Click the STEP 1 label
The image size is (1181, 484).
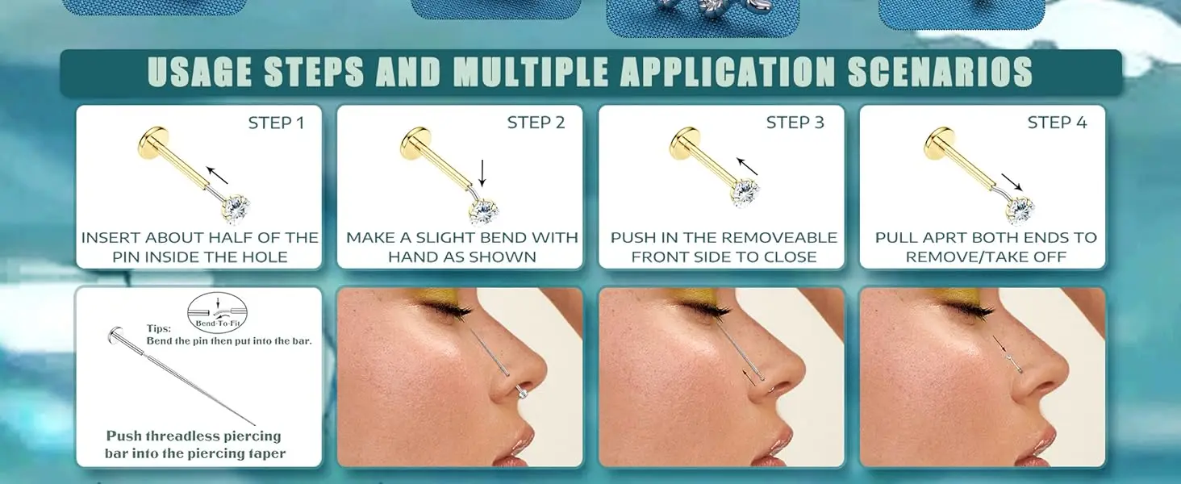pyautogui.click(x=276, y=123)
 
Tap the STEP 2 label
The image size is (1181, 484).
pyautogui.click(x=536, y=123)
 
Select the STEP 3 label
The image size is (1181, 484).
pyautogui.click(x=795, y=123)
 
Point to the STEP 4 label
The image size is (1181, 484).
pyautogui.click(x=1057, y=123)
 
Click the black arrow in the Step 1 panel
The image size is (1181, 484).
pyautogui.click(x=217, y=176)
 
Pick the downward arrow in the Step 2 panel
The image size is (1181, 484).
pyautogui.click(x=482, y=173)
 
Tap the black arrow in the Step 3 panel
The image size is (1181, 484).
pyautogui.click(x=747, y=166)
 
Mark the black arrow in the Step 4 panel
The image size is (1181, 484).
pyautogui.click(x=1012, y=182)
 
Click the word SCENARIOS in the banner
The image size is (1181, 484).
pyautogui.click(x=940, y=72)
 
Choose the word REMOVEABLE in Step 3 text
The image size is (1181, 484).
pyautogui.click(x=778, y=238)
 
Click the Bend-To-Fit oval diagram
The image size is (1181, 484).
pyautogui.click(x=218, y=313)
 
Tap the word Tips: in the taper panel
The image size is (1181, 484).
pyautogui.click(x=159, y=328)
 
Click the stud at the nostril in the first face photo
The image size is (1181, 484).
pyautogui.click(x=522, y=392)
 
